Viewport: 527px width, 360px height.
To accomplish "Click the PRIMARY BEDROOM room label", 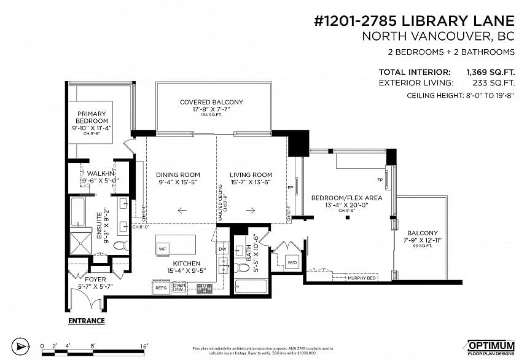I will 92,117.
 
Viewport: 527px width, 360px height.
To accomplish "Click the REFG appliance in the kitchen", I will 161,287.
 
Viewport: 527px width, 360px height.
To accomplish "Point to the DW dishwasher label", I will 222,249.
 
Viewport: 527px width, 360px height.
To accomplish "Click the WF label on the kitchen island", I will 163,249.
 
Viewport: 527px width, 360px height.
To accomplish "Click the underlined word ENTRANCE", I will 86,321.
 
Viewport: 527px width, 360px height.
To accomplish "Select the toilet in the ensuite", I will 120,246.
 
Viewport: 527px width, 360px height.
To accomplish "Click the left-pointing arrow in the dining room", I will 182,210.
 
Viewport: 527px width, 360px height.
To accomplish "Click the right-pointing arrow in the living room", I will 251,210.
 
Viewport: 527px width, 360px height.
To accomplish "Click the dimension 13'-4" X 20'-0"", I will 346,205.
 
